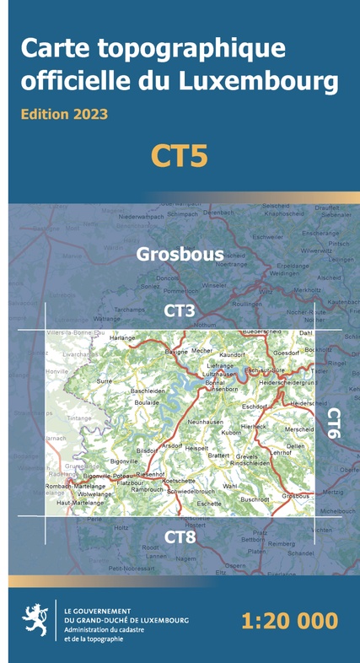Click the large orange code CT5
[180, 156]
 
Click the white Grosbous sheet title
[180, 253]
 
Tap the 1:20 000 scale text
[289, 622]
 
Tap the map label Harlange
[122, 338]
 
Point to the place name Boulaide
[147, 402]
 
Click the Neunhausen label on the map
[206, 421]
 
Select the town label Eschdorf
[254, 407]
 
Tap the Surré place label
[105, 381]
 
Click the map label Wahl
[230, 486]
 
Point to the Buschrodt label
[255, 499]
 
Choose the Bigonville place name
[124, 461]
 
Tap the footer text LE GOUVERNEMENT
[97, 608]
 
